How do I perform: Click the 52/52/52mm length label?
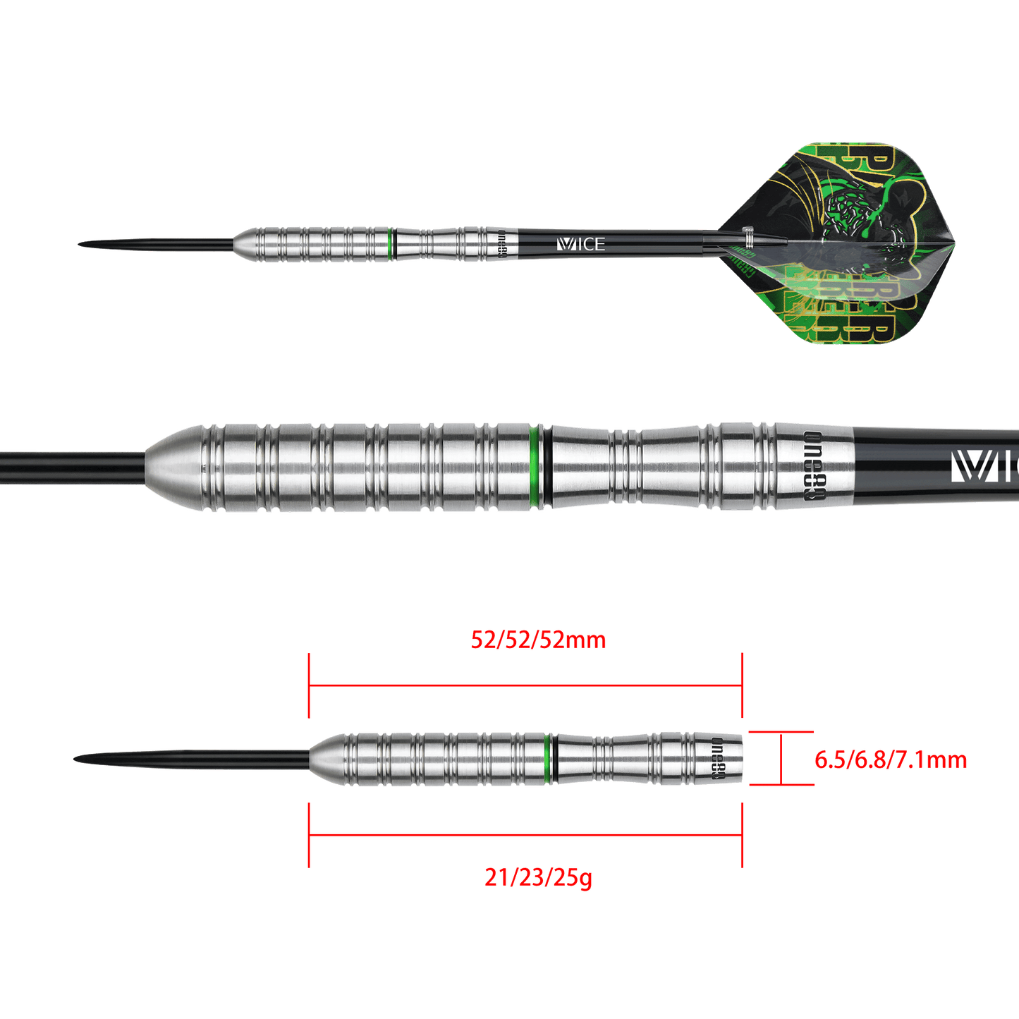click(538, 640)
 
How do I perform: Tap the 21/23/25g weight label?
click(538, 878)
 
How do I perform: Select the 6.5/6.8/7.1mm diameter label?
click(890, 760)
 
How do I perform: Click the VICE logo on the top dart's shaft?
click(580, 244)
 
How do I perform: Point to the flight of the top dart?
click(832, 243)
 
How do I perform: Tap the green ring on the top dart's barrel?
click(391, 244)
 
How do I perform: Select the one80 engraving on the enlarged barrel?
click(813, 465)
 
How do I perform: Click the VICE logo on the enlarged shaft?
click(984, 466)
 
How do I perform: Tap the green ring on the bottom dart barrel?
click(548, 759)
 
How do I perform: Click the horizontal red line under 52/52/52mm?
click(525, 684)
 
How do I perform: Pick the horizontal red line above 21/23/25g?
click(525, 834)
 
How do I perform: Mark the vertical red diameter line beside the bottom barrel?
click(781, 759)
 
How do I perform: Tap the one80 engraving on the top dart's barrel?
click(503, 244)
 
